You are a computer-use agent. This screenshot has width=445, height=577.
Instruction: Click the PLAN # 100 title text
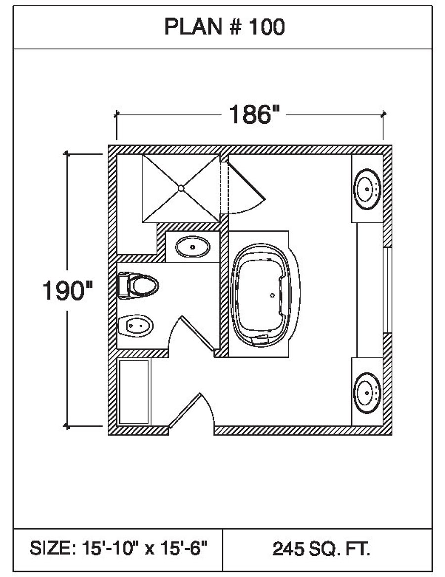pyautogui.click(x=224, y=27)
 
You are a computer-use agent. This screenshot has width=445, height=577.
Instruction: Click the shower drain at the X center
pyautogui.click(x=181, y=188)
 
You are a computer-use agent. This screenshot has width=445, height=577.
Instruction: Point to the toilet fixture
pyautogui.click(x=138, y=285)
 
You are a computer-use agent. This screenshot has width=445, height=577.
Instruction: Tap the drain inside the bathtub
pyautogui.click(x=272, y=295)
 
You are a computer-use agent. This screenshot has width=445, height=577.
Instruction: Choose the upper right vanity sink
pyautogui.click(x=367, y=188)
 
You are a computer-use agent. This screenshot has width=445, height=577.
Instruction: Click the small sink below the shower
pyautogui.click(x=192, y=246)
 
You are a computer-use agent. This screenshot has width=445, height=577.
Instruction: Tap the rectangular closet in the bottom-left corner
pyautogui.click(x=134, y=392)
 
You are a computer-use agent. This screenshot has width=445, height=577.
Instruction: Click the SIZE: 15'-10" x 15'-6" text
pyautogui.click(x=118, y=548)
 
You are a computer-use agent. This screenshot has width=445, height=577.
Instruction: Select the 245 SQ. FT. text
pyautogui.click(x=321, y=548)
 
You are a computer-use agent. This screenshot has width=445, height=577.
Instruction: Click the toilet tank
pyautogui.click(x=122, y=285)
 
